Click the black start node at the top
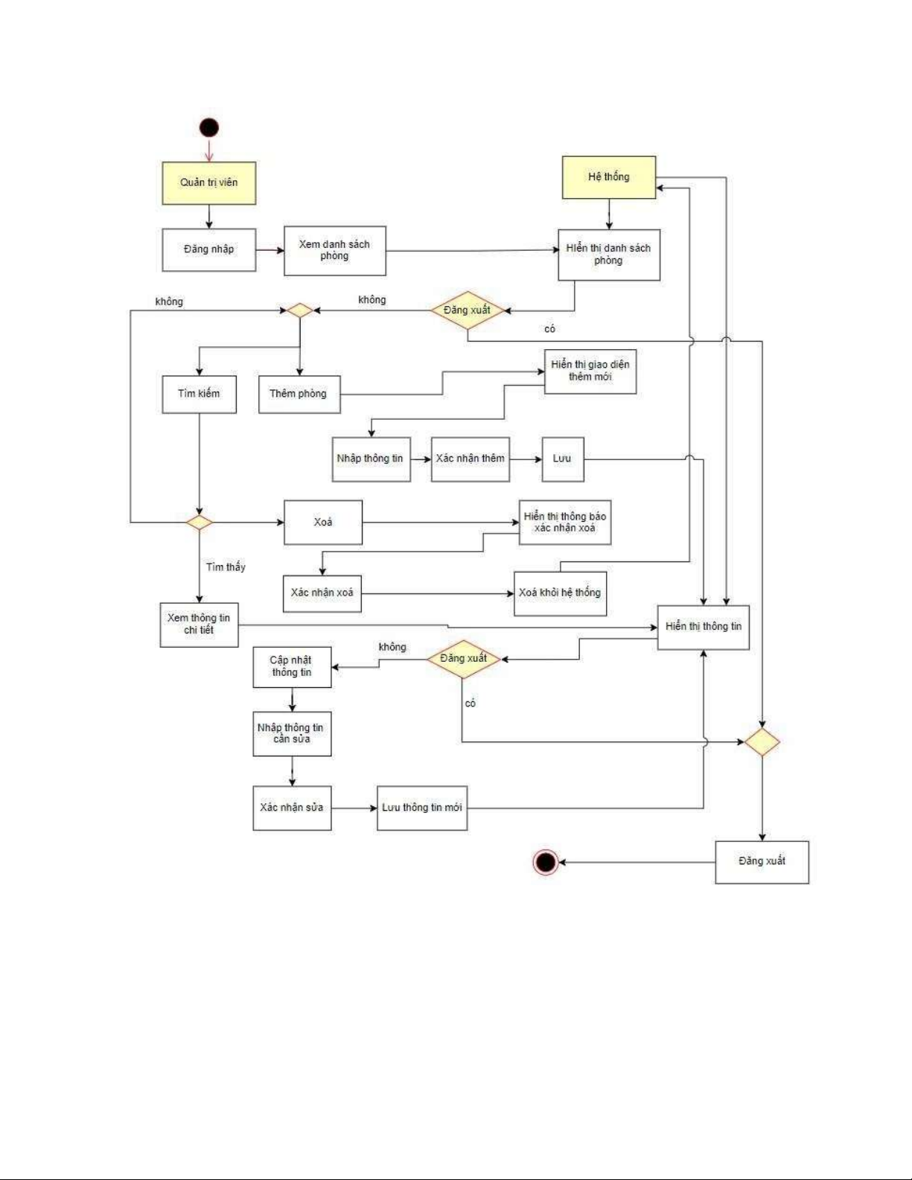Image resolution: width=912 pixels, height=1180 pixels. (x=209, y=128)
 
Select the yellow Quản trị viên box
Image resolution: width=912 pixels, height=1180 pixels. (x=209, y=183)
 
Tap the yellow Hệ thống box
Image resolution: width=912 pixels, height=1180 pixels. (x=609, y=177)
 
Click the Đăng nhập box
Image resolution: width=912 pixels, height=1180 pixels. (x=209, y=249)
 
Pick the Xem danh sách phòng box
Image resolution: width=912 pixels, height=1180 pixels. (x=335, y=251)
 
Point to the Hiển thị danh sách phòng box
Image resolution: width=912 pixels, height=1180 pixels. (x=609, y=255)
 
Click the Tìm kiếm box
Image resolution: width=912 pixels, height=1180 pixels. (x=200, y=394)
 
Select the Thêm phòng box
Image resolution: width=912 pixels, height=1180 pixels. (x=299, y=394)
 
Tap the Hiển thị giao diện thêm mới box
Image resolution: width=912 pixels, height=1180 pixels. (x=590, y=371)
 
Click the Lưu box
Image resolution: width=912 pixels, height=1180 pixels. (x=563, y=459)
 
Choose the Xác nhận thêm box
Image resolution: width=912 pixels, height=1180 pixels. (x=471, y=459)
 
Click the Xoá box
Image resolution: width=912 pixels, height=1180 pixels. (x=323, y=523)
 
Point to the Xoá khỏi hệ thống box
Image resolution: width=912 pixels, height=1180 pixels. (x=560, y=593)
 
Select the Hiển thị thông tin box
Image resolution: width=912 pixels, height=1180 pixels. (x=704, y=627)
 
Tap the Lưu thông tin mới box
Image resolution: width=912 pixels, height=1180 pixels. (x=422, y=808)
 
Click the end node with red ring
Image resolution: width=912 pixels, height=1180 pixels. (x=546, y=862)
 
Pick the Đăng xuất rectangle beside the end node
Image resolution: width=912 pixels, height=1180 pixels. (x=762, y=862)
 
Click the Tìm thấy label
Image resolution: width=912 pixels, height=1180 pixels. (x=226, y=567)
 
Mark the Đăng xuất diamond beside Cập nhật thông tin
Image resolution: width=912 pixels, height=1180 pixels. (x=463, y=659)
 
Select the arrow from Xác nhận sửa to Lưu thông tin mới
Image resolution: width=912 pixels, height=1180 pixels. (x=354, y=808)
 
